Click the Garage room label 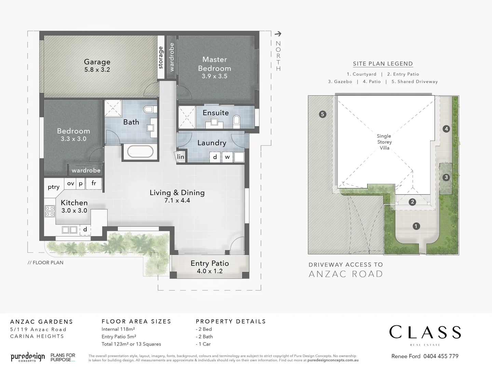[x=97, y=62]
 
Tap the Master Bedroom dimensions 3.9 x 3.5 [x=214, y=76]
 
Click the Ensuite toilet [x=236, y=121]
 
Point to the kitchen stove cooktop [x=50, y=211]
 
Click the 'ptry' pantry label [x=54, y=187]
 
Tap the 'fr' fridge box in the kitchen [x=94, y=183]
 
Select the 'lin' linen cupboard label [x=180, y=157]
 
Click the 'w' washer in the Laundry [x=227, y=157]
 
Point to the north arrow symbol [x=278, y=34]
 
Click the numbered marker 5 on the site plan [x=323, y=114]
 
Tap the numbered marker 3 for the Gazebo [x=446, y=177]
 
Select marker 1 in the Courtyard [x=416, y=226]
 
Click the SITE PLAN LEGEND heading [x=383, y=64]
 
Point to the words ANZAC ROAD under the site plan [x=346, y=274]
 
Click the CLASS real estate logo [x=425, y=332]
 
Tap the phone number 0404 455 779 [x=441, y=356]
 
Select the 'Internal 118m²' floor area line [x=118, y=329]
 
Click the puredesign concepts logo [x=28, y=357]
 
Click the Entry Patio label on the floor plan [x=209, y=263]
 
